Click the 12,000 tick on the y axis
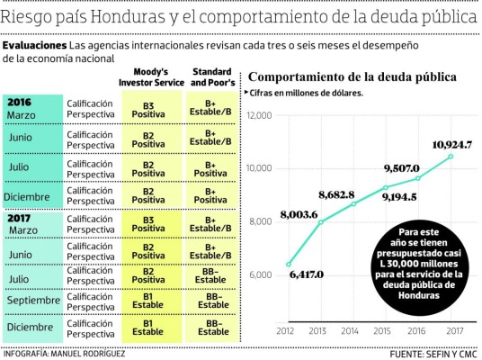[259, 115]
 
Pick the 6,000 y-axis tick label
[262, 274]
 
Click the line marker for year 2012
[289, 265]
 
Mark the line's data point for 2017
[451, 156]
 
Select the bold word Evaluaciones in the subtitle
[35, 44]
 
